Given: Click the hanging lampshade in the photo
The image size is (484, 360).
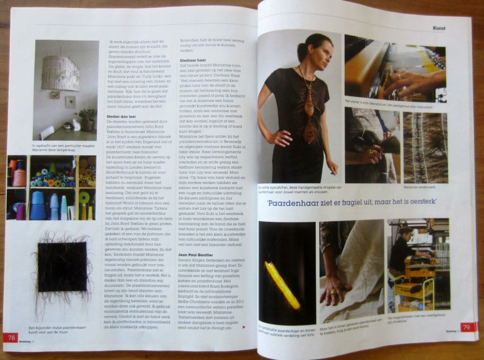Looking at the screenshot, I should pos(60,73).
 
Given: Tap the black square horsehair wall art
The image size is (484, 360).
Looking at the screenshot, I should pos(62,266).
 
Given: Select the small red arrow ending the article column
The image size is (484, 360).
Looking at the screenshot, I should pos(243,326).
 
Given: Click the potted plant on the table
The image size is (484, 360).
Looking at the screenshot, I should pos(87,118).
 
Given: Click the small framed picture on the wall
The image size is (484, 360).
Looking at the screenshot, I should pos(56,95).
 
